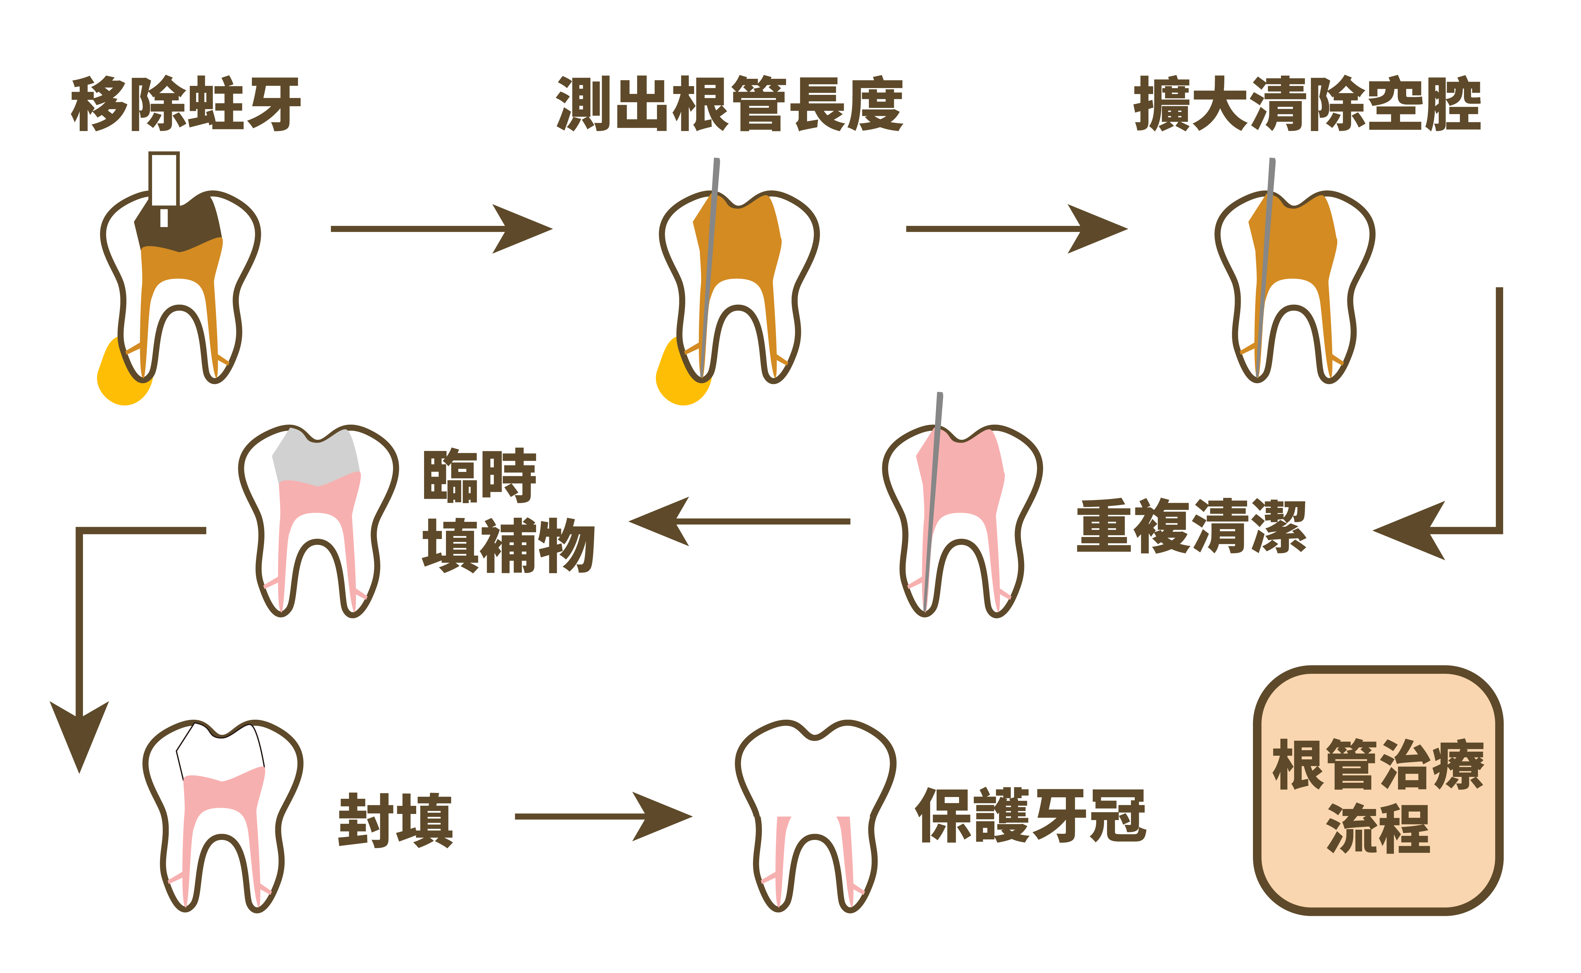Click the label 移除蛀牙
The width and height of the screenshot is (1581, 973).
pyautogui.click(x=185, y=104)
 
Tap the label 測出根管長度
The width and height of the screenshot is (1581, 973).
pyautogui.click(x=730, y=104)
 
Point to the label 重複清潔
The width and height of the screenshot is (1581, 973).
pyautogui.click(x=1191, y=526)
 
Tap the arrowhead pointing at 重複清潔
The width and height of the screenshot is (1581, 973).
pyautogui.click(x=1409, y=531)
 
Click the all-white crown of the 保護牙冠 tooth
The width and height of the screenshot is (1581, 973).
pyautogui.click(x=815, y=772)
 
